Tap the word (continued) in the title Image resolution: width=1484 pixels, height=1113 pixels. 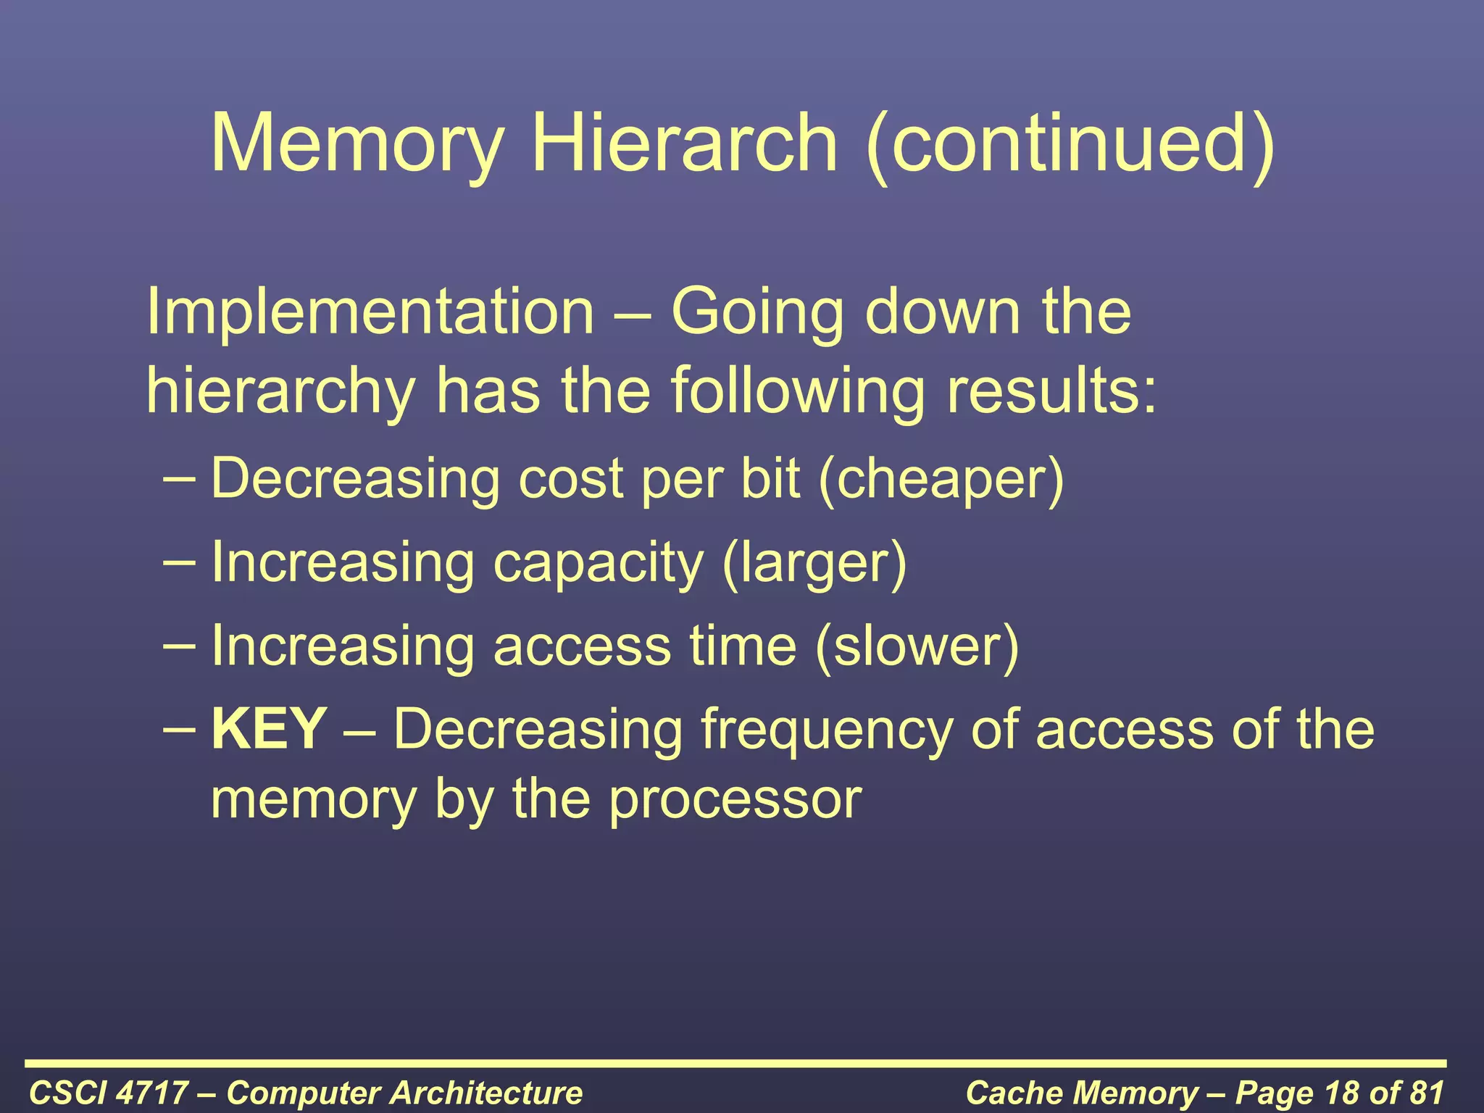(1070, 144)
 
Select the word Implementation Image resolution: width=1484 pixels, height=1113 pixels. (370, 312)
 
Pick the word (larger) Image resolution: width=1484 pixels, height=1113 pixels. (814, 564)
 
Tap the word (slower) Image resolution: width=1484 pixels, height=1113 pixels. (917, 646)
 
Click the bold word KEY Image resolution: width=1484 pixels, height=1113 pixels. (269, 729)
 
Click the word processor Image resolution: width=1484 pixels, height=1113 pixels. (735, 799)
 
